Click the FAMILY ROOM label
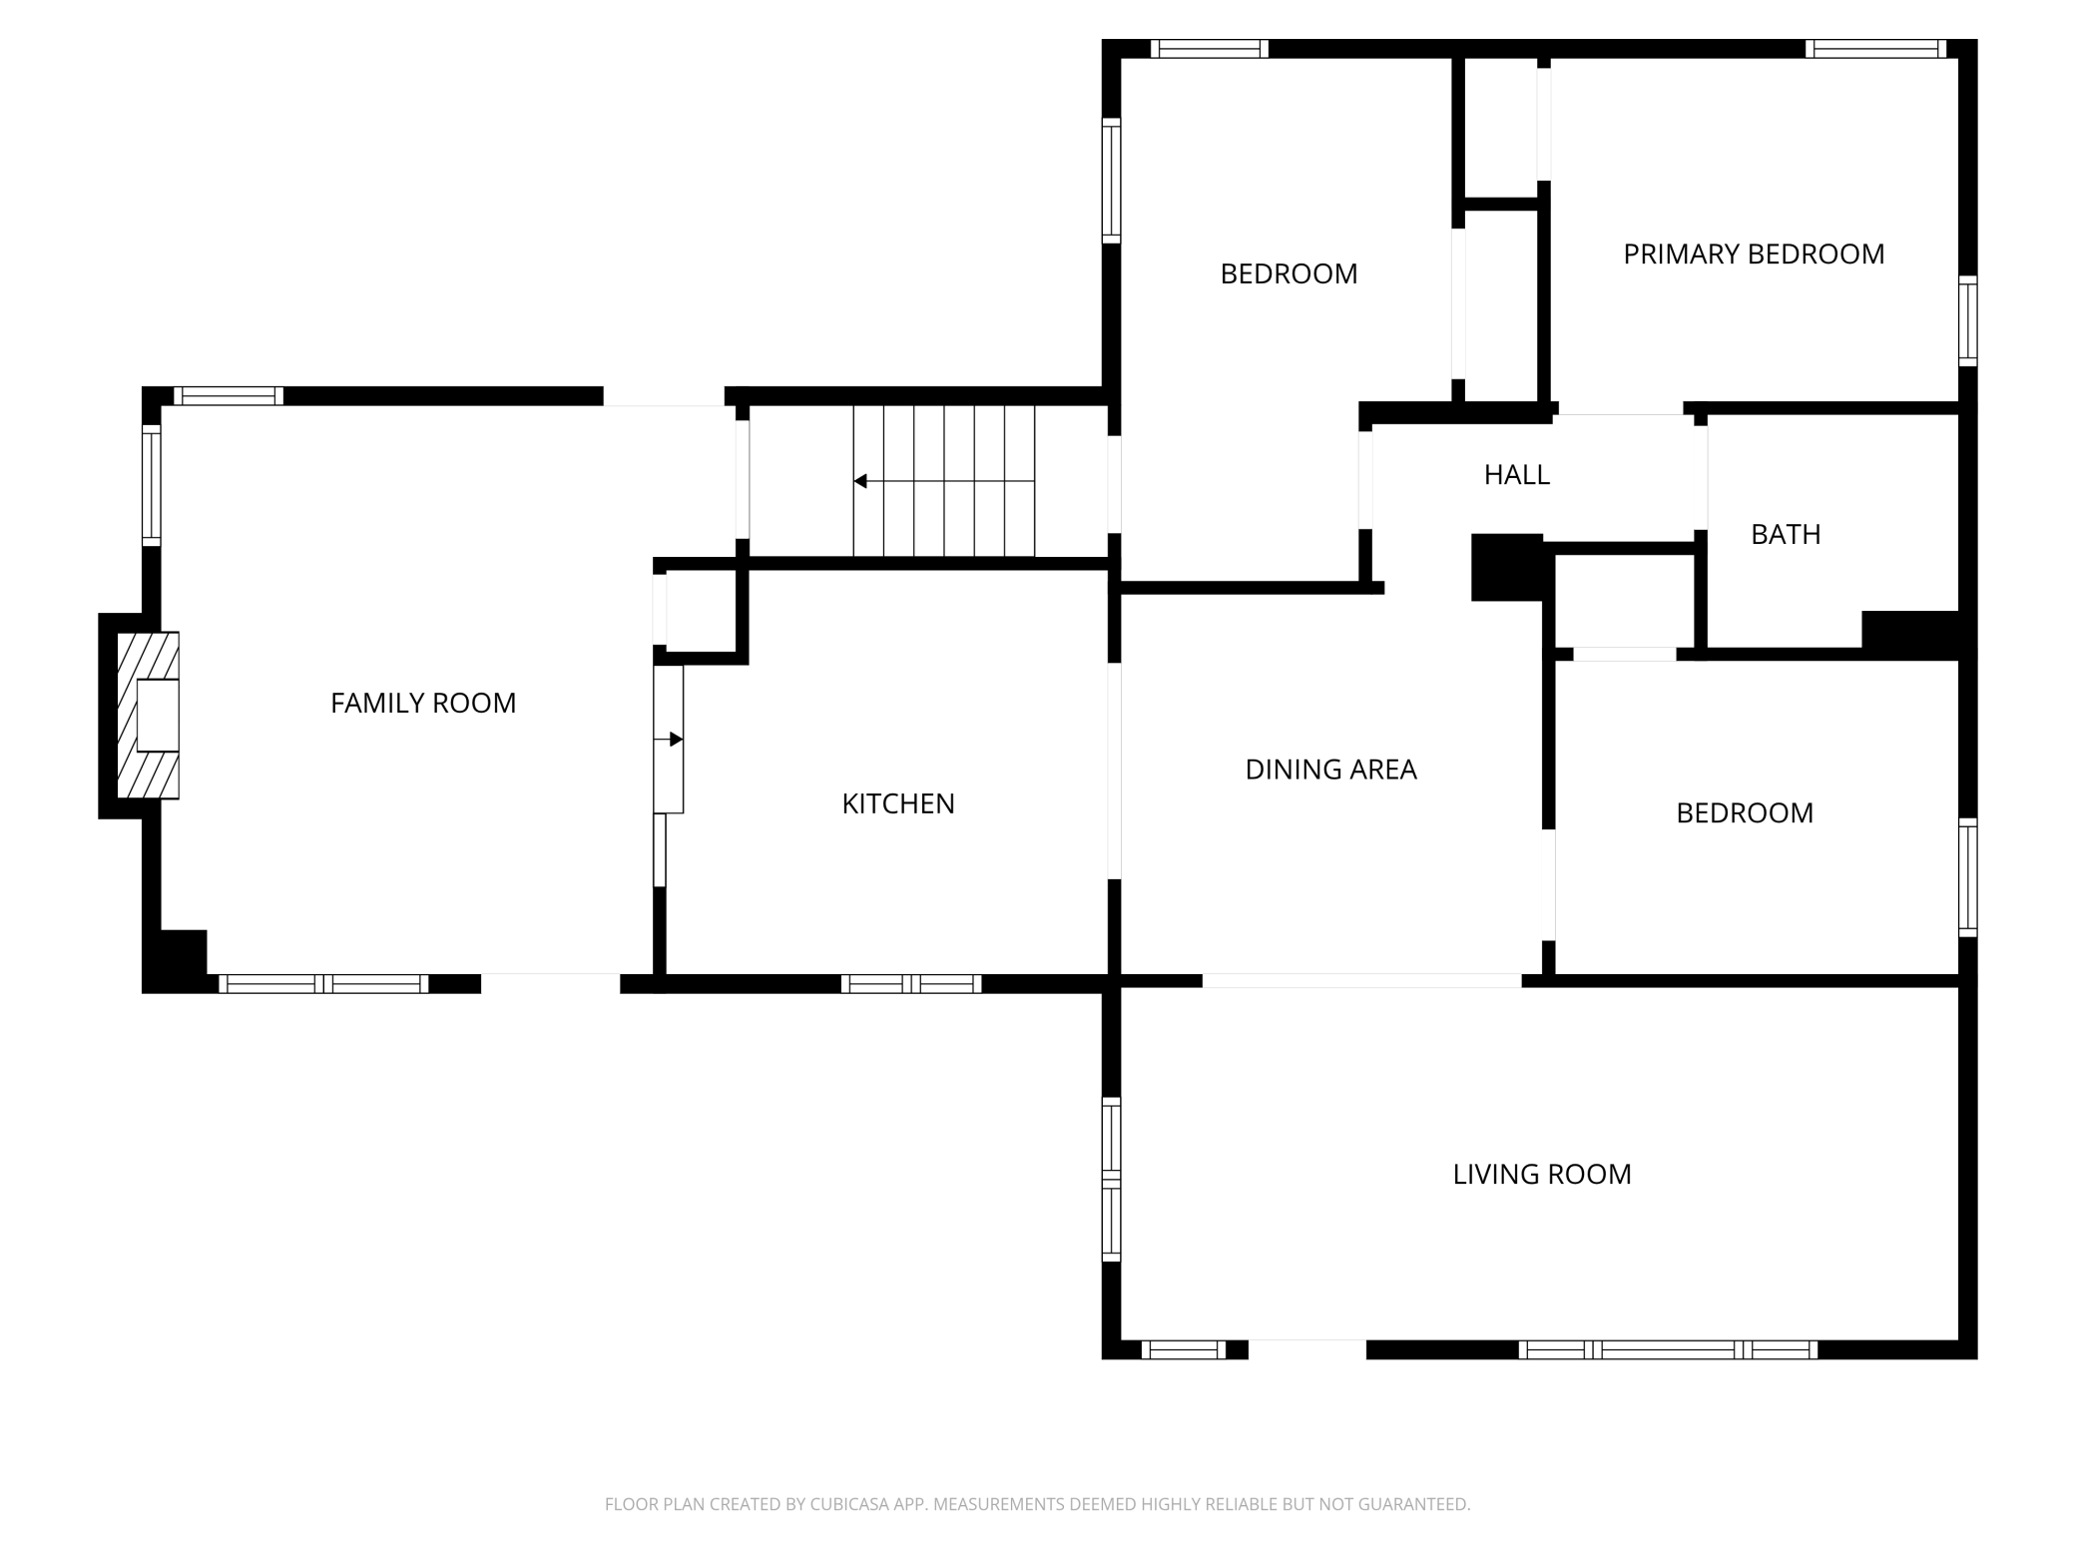click(423, 704)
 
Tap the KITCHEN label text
click(898, 803)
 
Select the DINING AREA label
click(1330, 770)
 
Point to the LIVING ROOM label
click(1542, 1174)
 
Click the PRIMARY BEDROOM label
click(1754, 255)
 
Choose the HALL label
click(1517, 475)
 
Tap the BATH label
click(1786, 535)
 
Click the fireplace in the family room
click(148, 715)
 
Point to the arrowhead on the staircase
click(859, 482)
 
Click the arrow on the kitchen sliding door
click(669, 740)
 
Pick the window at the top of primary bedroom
click(1875, 49)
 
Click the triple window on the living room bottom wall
click(1668, 1350)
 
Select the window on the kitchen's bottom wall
click(911, 984)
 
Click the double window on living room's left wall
click(1111, 1179)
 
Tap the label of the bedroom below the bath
click(1745, 813)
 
